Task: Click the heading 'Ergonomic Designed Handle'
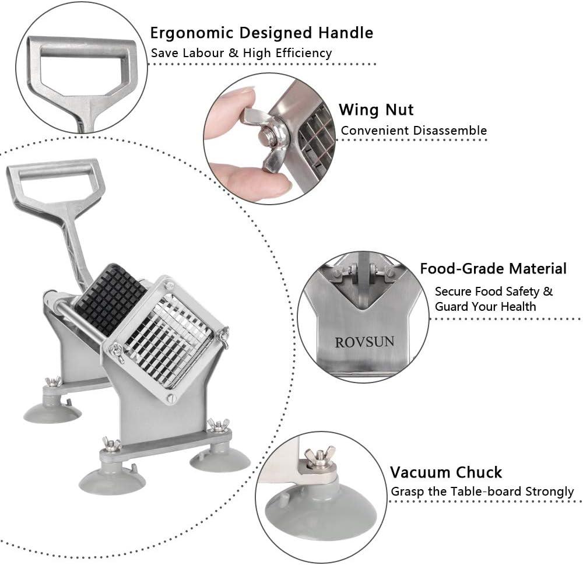point(261,33)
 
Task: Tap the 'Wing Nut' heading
point(376,110)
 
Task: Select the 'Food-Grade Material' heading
point(493,269)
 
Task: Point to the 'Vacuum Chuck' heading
point(446,472)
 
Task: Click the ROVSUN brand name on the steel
point(364,342)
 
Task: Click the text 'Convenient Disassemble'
point(414,131)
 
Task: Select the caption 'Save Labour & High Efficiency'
point(241,53)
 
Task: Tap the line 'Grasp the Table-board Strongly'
point(482,492)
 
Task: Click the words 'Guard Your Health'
point(485,307)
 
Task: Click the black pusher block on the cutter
point(110,299)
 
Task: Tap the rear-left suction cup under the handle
point(52,412)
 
